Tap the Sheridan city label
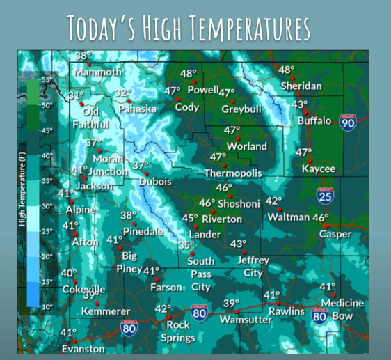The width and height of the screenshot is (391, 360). coord(301,86)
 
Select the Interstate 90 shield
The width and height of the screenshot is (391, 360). coord(349,123)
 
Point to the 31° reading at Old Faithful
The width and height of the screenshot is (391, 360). coord(76,95)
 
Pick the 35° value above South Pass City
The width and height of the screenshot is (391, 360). coord(186,245)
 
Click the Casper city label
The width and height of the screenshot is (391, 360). coord(335,234)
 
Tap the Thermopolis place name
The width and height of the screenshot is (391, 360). coord(232,173)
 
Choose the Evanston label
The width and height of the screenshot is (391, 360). coord(83,349)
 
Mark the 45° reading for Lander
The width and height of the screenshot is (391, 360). coord(190,218)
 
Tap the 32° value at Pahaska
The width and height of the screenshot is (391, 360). coord(123,93)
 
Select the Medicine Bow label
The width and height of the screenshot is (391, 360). coord(342,309)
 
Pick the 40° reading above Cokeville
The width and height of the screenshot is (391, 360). coord(68,274)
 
